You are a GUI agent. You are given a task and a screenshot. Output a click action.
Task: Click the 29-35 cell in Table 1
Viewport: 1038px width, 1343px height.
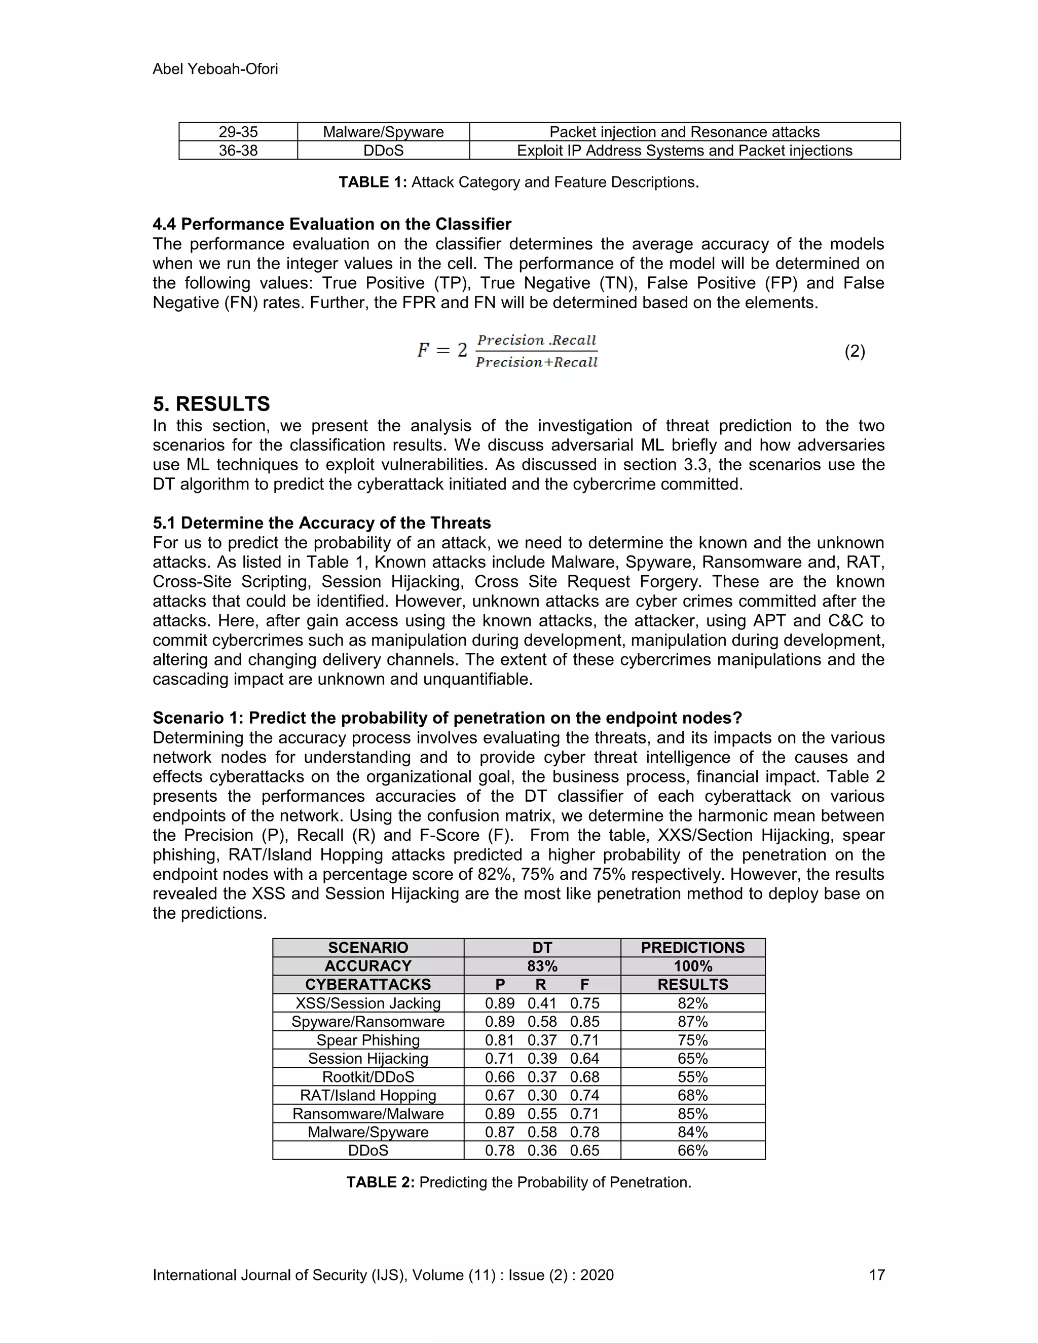tap(238, 132)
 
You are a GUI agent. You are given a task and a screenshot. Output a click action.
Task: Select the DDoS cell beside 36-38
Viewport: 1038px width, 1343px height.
tap(383, 151)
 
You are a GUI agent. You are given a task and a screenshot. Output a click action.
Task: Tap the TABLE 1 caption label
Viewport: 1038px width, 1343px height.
tap(373, 182)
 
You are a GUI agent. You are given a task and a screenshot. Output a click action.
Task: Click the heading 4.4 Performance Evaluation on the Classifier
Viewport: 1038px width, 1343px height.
tap(331, 224)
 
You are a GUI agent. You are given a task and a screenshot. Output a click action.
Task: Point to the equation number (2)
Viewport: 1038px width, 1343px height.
tap(854, 351)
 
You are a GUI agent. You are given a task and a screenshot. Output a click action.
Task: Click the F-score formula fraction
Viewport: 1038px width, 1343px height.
tap(536, 351)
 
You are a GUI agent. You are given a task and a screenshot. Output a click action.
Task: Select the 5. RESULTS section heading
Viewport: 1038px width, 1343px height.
tap(211, 404)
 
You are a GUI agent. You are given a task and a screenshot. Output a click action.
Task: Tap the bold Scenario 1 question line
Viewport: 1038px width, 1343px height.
tap(447, 718)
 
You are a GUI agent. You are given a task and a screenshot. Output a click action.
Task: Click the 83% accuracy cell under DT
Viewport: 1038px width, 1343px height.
tap(542, 966)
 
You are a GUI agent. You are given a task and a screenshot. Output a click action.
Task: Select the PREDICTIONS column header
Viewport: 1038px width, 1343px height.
tap(692, 948)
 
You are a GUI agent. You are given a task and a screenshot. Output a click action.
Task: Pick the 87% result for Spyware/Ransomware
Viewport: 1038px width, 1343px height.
tap(692, 1021)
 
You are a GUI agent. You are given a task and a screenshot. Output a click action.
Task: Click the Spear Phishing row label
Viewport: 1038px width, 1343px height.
tap(368, 1040)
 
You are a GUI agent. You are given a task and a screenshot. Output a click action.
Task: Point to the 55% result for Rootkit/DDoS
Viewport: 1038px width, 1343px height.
tap(692, 1077)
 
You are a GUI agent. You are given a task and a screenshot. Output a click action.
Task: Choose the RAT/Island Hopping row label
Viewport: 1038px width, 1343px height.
tap(368, 1095)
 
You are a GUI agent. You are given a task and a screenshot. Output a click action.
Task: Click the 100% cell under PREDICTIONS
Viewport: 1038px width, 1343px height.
tap(692, 966)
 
